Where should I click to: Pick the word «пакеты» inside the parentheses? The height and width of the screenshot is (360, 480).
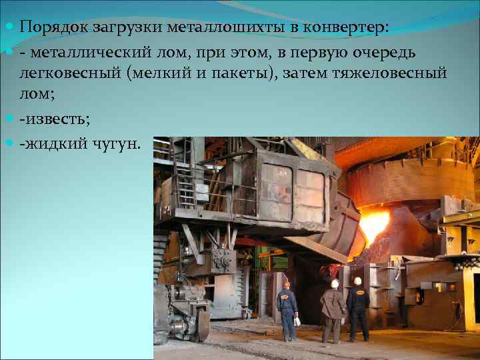(246, 73)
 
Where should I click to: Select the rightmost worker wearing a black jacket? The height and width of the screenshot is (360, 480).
(358, 308)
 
